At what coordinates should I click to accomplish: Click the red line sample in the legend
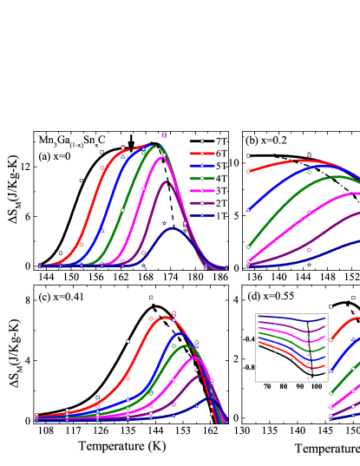pyautogui.click(x=202, y=154)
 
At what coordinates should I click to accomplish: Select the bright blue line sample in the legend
pyautogui.click(x=202, y=166)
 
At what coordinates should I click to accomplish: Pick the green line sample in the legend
pyautogui.click(x=202, y=178)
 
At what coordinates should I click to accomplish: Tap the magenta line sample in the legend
pyautogui.click(x=202, y=191)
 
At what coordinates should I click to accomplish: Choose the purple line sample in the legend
pyautogui.click(x=202, y=203)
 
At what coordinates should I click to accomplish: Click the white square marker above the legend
pyautogui.click(x=202, y=141)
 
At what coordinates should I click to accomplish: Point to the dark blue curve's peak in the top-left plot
pyautogui.click(x=172, y=228)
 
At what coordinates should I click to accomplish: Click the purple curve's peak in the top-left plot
pyautogui.click(x=167, y=180)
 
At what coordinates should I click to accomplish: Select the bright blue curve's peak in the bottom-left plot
pyautogui.click(x=180, y=333)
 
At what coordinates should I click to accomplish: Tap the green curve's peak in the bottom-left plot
pyautogui.click(x=187, y=345)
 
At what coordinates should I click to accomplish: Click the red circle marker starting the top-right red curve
pyautogui.click(x=248, y=171)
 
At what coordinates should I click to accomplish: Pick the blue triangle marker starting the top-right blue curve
pyautogui.click(x=248, y=209)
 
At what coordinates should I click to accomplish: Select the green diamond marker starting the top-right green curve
pyautogui.click(x=248, y=247)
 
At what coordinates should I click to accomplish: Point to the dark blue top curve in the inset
pyautogui.click(x=286, y=318)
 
